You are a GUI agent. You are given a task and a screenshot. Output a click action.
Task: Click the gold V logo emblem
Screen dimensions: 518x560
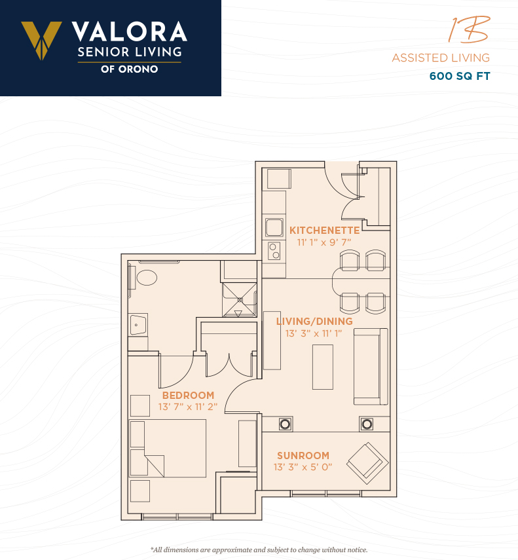(41, 40)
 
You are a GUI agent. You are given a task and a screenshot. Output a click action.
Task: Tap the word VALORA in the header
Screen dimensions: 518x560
(130, 32)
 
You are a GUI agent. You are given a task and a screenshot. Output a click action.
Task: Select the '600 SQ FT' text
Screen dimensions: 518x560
(460, 76)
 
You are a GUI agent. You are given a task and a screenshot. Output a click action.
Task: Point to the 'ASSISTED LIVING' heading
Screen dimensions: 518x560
(441, 58)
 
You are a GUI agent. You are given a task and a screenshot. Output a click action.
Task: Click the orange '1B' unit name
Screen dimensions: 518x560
(469, 29)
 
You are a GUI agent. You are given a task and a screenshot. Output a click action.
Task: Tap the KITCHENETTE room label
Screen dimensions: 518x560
(325, 231)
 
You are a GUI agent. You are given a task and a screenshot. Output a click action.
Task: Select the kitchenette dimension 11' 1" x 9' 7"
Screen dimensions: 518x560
(324, 242)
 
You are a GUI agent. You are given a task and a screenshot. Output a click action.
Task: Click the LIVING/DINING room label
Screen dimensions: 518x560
(314, 322)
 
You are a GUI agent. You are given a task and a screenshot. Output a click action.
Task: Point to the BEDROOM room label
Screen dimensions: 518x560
(188, 396)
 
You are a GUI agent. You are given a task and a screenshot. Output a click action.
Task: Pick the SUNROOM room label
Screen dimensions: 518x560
(303, 456)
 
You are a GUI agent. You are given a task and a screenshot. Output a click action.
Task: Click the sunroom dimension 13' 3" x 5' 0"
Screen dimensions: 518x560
(303, 467)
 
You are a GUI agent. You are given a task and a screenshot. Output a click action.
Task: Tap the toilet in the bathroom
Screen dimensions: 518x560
(147, 278)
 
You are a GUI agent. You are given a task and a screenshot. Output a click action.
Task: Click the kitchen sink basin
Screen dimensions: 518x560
(274, 227)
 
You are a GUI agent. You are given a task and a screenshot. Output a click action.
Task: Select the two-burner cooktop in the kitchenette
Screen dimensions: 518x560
(274, 251)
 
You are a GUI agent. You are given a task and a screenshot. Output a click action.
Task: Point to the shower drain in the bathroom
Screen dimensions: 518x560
(240, 300)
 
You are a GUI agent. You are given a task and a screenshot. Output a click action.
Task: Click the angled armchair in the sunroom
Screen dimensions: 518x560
(367, 463)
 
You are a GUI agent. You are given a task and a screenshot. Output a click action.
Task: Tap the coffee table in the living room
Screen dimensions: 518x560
(323, 367)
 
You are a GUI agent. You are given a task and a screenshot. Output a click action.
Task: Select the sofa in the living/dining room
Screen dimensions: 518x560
(371, 367)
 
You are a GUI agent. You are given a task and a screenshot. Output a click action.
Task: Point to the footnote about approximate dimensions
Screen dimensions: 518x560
(259, 550)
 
